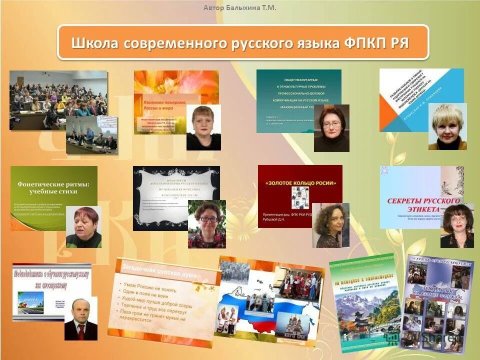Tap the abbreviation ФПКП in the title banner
pos(365,43)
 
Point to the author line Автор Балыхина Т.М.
pos(239,7)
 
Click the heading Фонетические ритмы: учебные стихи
pos(53,188)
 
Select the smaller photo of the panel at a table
pos(92,135)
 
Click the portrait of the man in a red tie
pos(80,319)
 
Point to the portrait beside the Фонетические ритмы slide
pos(83,226)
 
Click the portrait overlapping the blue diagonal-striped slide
pos(447,126)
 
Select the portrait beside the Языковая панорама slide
pos(203,127)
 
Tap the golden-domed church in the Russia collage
pos(291,325)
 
